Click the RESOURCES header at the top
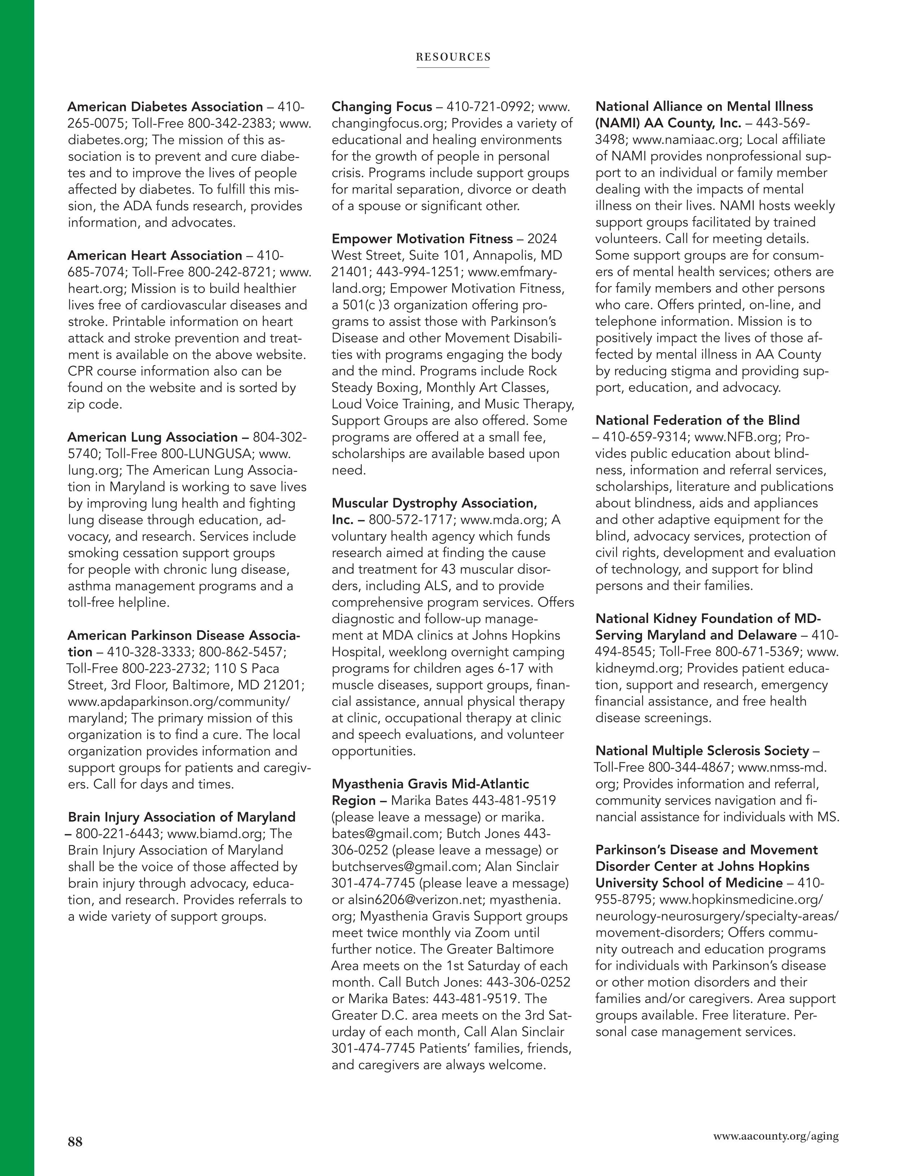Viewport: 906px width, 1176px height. [x=453, y=57]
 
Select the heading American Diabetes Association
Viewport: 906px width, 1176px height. [x=165, y=107]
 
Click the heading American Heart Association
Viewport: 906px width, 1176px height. [x=155, y=255]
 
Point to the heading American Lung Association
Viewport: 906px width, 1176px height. [x=153, y=437]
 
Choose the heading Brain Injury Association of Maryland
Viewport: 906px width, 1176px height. [x=181, y=817]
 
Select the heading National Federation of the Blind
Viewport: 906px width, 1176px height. [x=698, y=420]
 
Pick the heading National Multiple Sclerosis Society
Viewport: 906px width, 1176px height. [x=702, y=751]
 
